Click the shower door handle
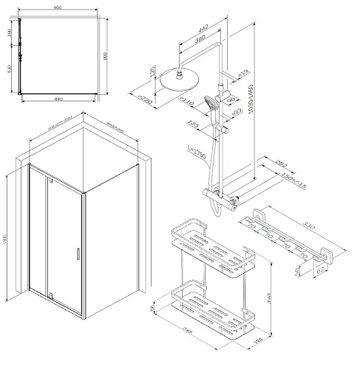[x=75, y=254]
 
